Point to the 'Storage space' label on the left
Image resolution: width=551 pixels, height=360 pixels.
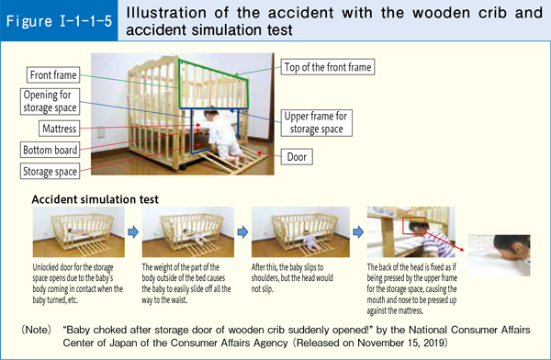click(x=51, y=170)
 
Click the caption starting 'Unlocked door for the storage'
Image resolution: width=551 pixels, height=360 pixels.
click(x=75, y=286)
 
